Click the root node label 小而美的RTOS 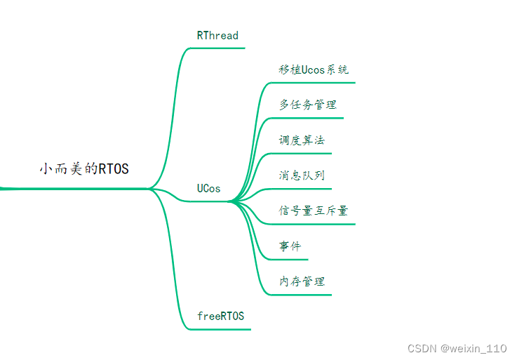[x=84, y=169]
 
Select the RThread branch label [x=217, y=36]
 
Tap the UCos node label [x=208, y=189]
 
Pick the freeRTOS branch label [x=220, y=316]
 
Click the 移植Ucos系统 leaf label [x=314, y=70]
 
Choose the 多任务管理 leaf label [x=308, y=105]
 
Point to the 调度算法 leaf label [x=302, y=140]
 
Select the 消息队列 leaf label [x=302, y=175]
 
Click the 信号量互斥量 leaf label [x=314, y=211]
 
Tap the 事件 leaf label [x=290, y=246]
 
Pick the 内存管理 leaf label [x=302, y=281]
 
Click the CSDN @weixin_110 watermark [x=457, y=348]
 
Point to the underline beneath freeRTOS [x=223, y=328]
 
